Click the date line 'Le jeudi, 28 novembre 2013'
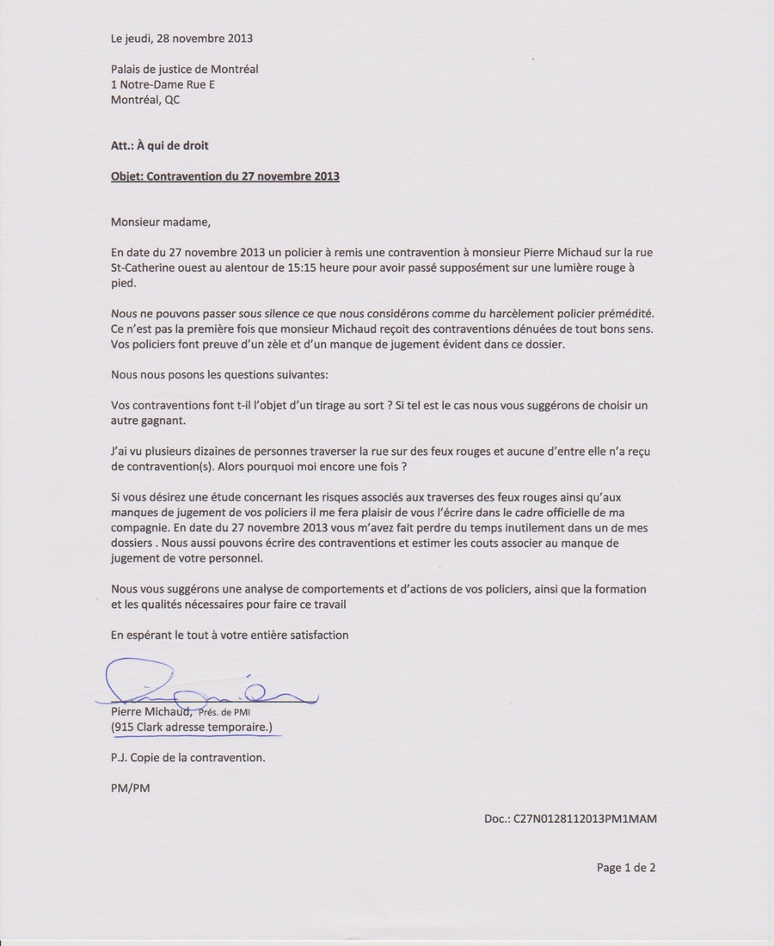[x=181, y=38]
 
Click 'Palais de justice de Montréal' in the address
[x=184, y=69]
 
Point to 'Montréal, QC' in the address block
[x=145, y=100]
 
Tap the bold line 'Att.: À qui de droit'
[x=159, y=145]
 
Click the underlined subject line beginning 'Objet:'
[x=225, y=176]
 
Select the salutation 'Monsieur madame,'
[x=160, y=222]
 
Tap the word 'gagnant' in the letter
[x=165, y=421]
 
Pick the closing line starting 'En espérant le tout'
[x=230, y=635]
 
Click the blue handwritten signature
[x=206, y=685]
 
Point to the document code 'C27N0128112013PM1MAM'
[x=585, y=819]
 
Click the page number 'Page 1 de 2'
[x=626, y=868]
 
